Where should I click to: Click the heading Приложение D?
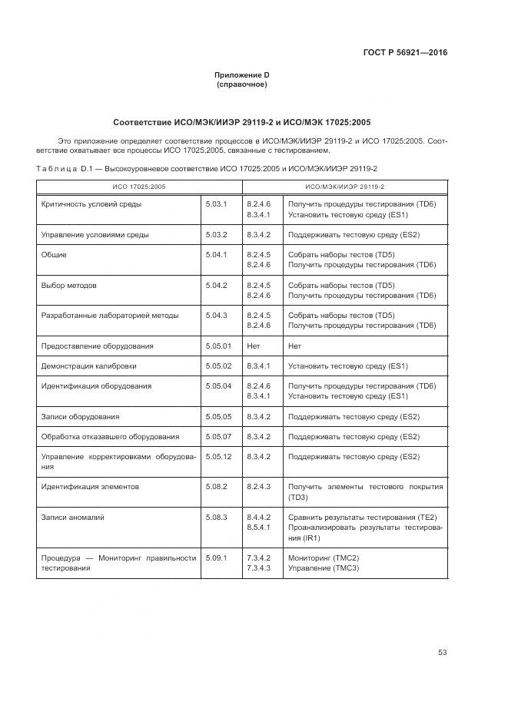click(x=241, y=74)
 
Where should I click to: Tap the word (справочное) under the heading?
click(x=241, y=84)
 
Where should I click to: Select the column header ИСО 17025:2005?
click(x=139, y=187)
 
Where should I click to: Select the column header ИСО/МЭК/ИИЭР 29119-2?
click(x=345, y=187)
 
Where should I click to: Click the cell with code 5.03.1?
click(x=217, y=204)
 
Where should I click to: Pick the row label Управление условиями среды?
click(x=95, y=234)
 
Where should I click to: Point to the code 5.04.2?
click(x=217, y=285)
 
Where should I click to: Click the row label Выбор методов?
click(x=69, y=285)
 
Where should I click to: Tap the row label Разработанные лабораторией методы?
click(x=110, y=315)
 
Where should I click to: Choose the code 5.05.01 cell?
click(x=219, y=346)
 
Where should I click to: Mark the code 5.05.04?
click(x=219, y=385)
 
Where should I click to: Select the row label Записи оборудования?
click(x=80, y=416)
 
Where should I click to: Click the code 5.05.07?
click(x=219, y=436)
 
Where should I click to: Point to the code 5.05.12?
click(x=219, y=456)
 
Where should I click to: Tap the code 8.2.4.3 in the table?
click(x=259, y=486)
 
